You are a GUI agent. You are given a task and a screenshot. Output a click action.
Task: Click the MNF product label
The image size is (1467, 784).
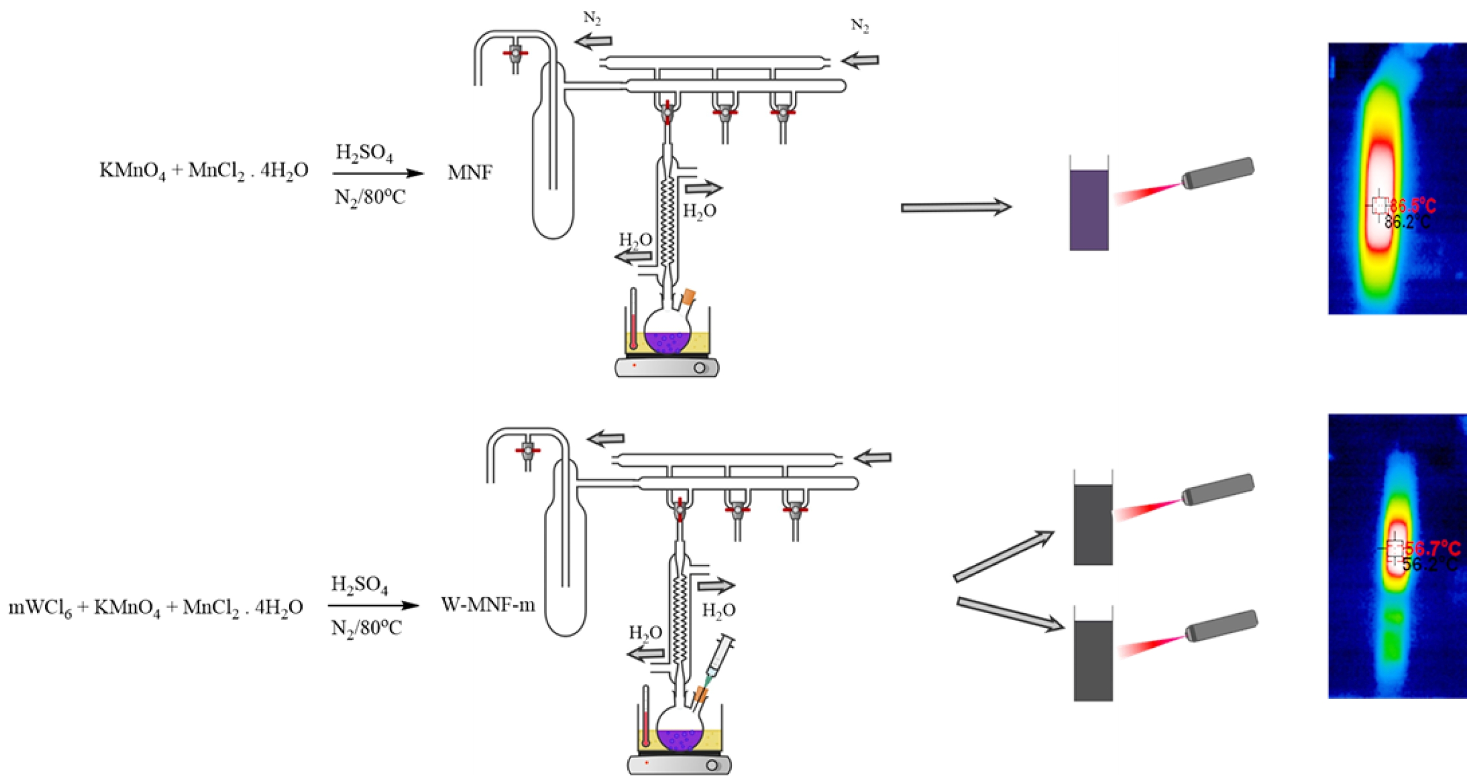(470, 172)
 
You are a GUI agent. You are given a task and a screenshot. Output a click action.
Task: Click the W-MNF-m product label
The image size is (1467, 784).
(488, 605)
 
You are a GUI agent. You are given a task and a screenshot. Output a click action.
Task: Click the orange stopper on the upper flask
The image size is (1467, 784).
(688, 296)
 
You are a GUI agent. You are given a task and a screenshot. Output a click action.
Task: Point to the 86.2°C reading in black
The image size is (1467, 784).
(1407, 221)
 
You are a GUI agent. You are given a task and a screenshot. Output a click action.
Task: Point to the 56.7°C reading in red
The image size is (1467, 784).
(1432, 549)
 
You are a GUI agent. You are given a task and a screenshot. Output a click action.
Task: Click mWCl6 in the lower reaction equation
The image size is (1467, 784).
(40, 608)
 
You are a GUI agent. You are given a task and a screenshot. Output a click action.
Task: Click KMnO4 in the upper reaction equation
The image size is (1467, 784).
(132, 171)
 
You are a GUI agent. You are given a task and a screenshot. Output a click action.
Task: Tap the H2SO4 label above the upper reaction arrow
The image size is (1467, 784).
(364, 153)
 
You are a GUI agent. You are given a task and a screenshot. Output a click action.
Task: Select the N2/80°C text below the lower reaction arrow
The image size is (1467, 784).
(367, 629)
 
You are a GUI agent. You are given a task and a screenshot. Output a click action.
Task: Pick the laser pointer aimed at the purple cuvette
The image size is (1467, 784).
(1217, 173)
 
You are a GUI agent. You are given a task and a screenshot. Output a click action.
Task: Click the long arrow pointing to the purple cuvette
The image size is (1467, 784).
(955, 207)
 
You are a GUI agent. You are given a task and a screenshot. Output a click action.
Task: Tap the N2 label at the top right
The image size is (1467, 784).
(859, 26)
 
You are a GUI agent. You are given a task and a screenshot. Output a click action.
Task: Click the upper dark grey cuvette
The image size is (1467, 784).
(1093, 524)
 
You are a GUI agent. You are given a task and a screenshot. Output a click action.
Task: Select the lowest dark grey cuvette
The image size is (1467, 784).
(1093, 660)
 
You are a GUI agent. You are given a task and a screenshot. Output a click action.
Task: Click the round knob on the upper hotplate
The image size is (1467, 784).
(699, 368)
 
